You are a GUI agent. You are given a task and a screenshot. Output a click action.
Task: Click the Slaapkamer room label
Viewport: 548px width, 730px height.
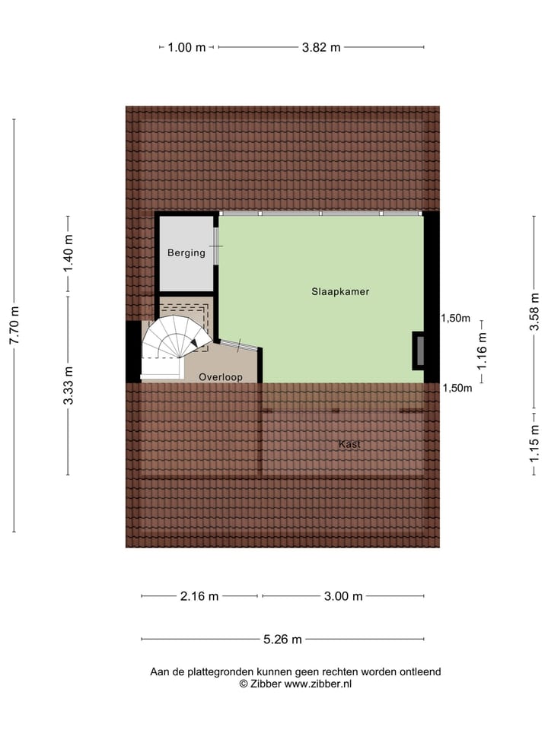pyautogui.click(x=340, y=291)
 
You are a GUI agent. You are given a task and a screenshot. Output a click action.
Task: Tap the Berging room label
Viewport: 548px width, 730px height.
pyautogui.click(x=186, y=252)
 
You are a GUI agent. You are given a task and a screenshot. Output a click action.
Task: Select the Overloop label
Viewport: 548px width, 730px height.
pyautogui.click(x=220, y=376)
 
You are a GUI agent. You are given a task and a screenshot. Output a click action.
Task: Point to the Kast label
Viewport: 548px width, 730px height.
pyautogui.click(x=350, y=444)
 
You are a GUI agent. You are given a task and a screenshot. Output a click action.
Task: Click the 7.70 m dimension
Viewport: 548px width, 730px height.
pyautogui.click(x=14, y=325)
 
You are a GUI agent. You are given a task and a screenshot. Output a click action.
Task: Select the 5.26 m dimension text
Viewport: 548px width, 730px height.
pyautogui.click(x=282, y=639)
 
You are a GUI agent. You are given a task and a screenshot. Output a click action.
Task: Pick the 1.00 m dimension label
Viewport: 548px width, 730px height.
pyautogui.click(x=187, y=47)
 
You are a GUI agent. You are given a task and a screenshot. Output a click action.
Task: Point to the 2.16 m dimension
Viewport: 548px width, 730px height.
pyautogui.click(x=199, y=596)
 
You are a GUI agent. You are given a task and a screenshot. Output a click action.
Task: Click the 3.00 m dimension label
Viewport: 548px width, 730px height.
pyautogui.click(x=343, y=596)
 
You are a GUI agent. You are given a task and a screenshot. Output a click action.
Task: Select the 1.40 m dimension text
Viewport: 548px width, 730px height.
pyautogui.click(x=68, y=255)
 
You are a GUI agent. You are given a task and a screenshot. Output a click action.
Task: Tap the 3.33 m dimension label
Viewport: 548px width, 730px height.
pyautogui.click(x=68, y=386)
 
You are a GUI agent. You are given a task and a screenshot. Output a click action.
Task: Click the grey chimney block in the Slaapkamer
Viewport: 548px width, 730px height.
pyautogui.click(x=418, y=350)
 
